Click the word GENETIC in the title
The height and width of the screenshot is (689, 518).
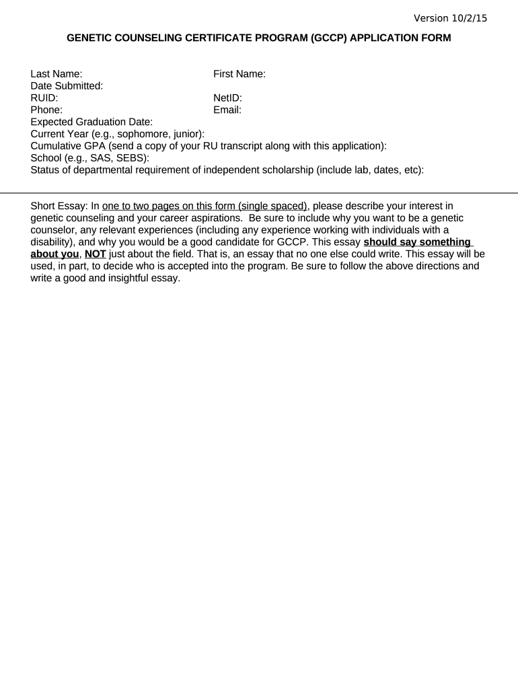pos(91,38)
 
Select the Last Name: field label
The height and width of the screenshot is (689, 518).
pos(57,74)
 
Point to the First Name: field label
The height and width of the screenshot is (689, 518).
pos(239,74)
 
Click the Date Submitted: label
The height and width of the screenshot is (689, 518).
pos(67,86)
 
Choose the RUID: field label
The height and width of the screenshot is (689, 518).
pos(44,98)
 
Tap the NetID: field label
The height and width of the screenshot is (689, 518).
pos(227,98)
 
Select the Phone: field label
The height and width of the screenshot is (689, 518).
pos(47,110)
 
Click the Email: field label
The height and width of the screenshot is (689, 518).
pos(227,110)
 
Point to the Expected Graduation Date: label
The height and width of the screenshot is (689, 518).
pos(92,122)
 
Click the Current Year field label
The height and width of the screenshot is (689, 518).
pos(118,134)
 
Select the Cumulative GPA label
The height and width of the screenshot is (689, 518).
pos(209,146)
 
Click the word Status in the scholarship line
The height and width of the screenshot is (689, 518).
pos(46,170)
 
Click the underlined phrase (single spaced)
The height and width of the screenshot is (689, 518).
pos(273,206)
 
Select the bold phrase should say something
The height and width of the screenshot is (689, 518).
pos(417,242)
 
